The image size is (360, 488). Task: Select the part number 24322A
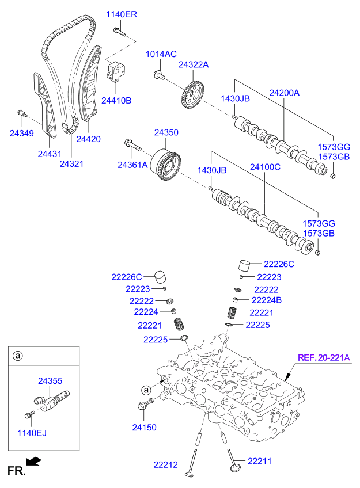[x=194, y=65]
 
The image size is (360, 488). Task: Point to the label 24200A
[x=285, y=93]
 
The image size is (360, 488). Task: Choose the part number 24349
[x=21, y=133]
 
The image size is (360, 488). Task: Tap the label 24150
[x=144, y=428]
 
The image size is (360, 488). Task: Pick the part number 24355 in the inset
[x=50, y=380]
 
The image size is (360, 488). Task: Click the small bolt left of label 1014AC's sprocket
[x=159, y=74]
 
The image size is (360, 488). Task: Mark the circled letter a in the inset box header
[x=18, y=356]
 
